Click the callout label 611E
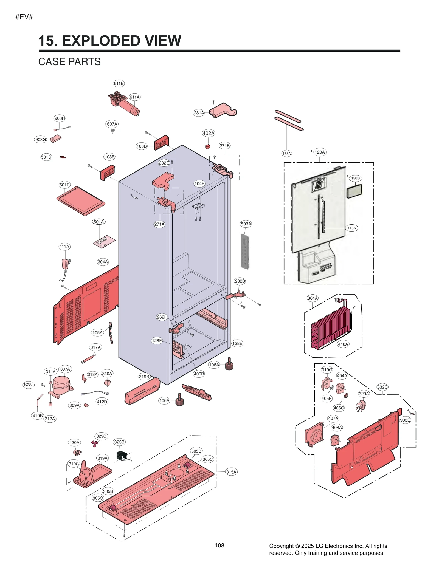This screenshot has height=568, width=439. (x=119, y=83)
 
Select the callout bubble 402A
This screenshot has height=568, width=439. (x=209, y=133)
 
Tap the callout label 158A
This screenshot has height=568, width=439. (x=286, y=154)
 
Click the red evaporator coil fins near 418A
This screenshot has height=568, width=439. (x=331, y=326)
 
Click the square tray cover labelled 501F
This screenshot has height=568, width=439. (x=81, y=201)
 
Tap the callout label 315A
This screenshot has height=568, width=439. (x=231, y=472)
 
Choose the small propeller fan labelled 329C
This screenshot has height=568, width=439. (x=95, y=443)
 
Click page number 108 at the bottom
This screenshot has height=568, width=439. (x=219, y=546)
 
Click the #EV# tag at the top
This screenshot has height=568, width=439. (x=24, y=17)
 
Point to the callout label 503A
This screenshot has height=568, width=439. (x=246, y=224)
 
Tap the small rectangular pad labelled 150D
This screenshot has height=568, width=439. (x=354, y=191)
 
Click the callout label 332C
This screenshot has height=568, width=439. (x=382, y=387)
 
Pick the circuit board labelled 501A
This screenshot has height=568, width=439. (x=104, y=241)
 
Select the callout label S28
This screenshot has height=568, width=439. (x=28, y=385)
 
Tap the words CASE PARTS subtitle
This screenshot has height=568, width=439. (x=69, y=62)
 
